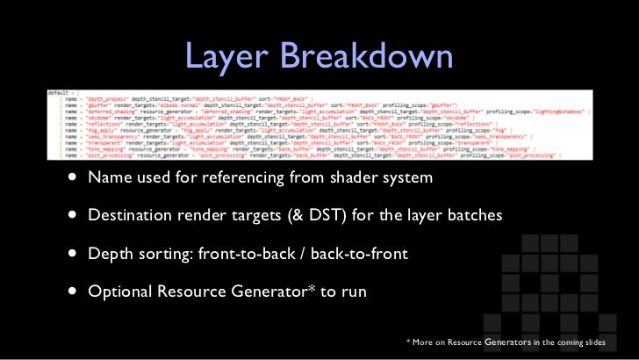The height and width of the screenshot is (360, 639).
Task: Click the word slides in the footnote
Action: click(x=610, y=342)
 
